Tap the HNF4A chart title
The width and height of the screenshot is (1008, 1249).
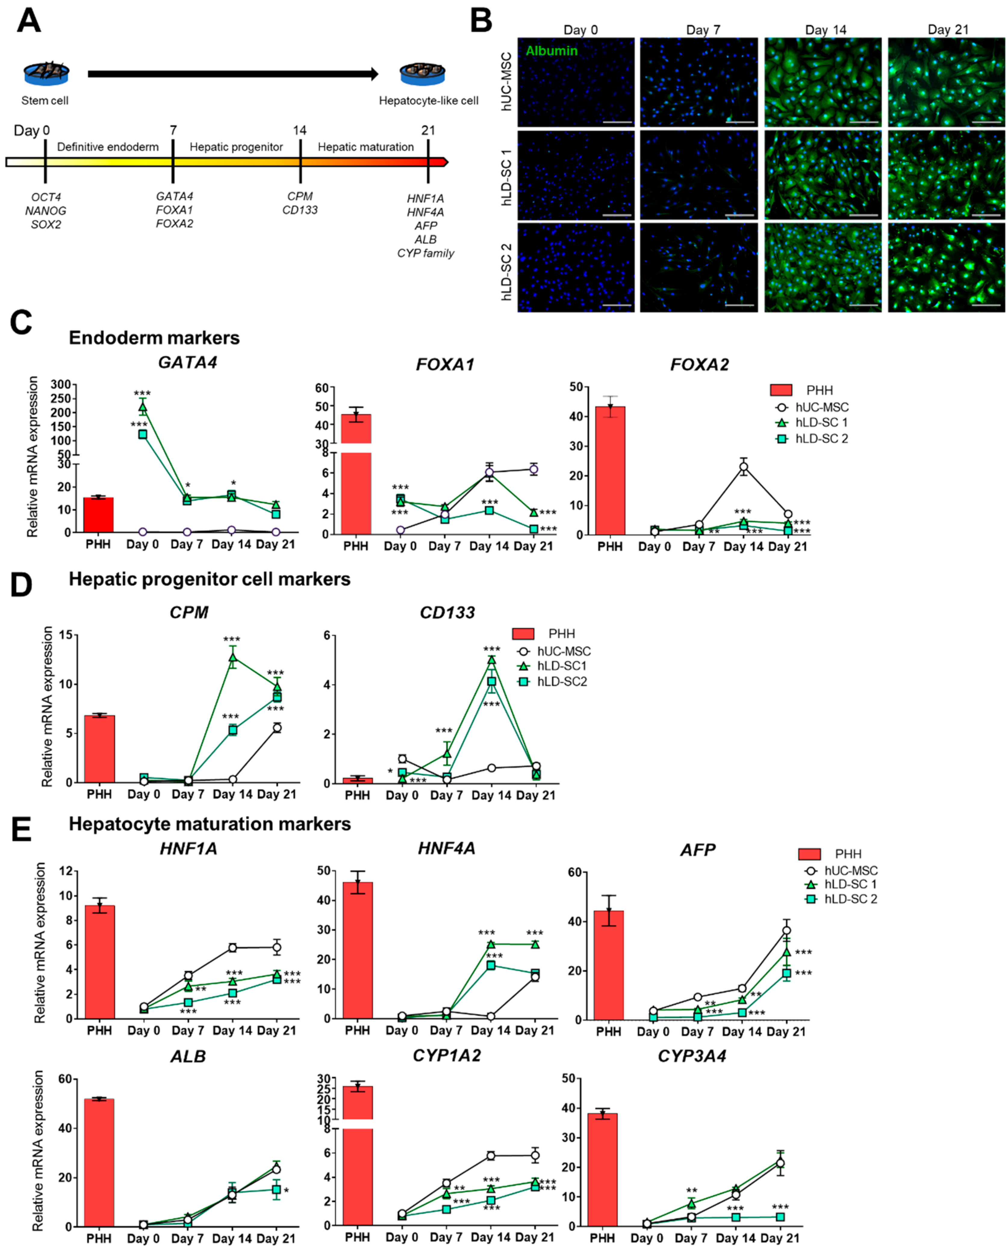[x=446, y=849]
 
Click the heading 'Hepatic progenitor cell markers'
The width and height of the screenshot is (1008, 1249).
[x=210, y=579]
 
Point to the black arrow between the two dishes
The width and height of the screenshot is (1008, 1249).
[x=232, y=74]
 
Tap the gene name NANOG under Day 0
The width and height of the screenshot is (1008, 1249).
[x=46, y=210]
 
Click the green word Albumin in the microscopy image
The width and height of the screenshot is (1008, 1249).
[x=552, y=51]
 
